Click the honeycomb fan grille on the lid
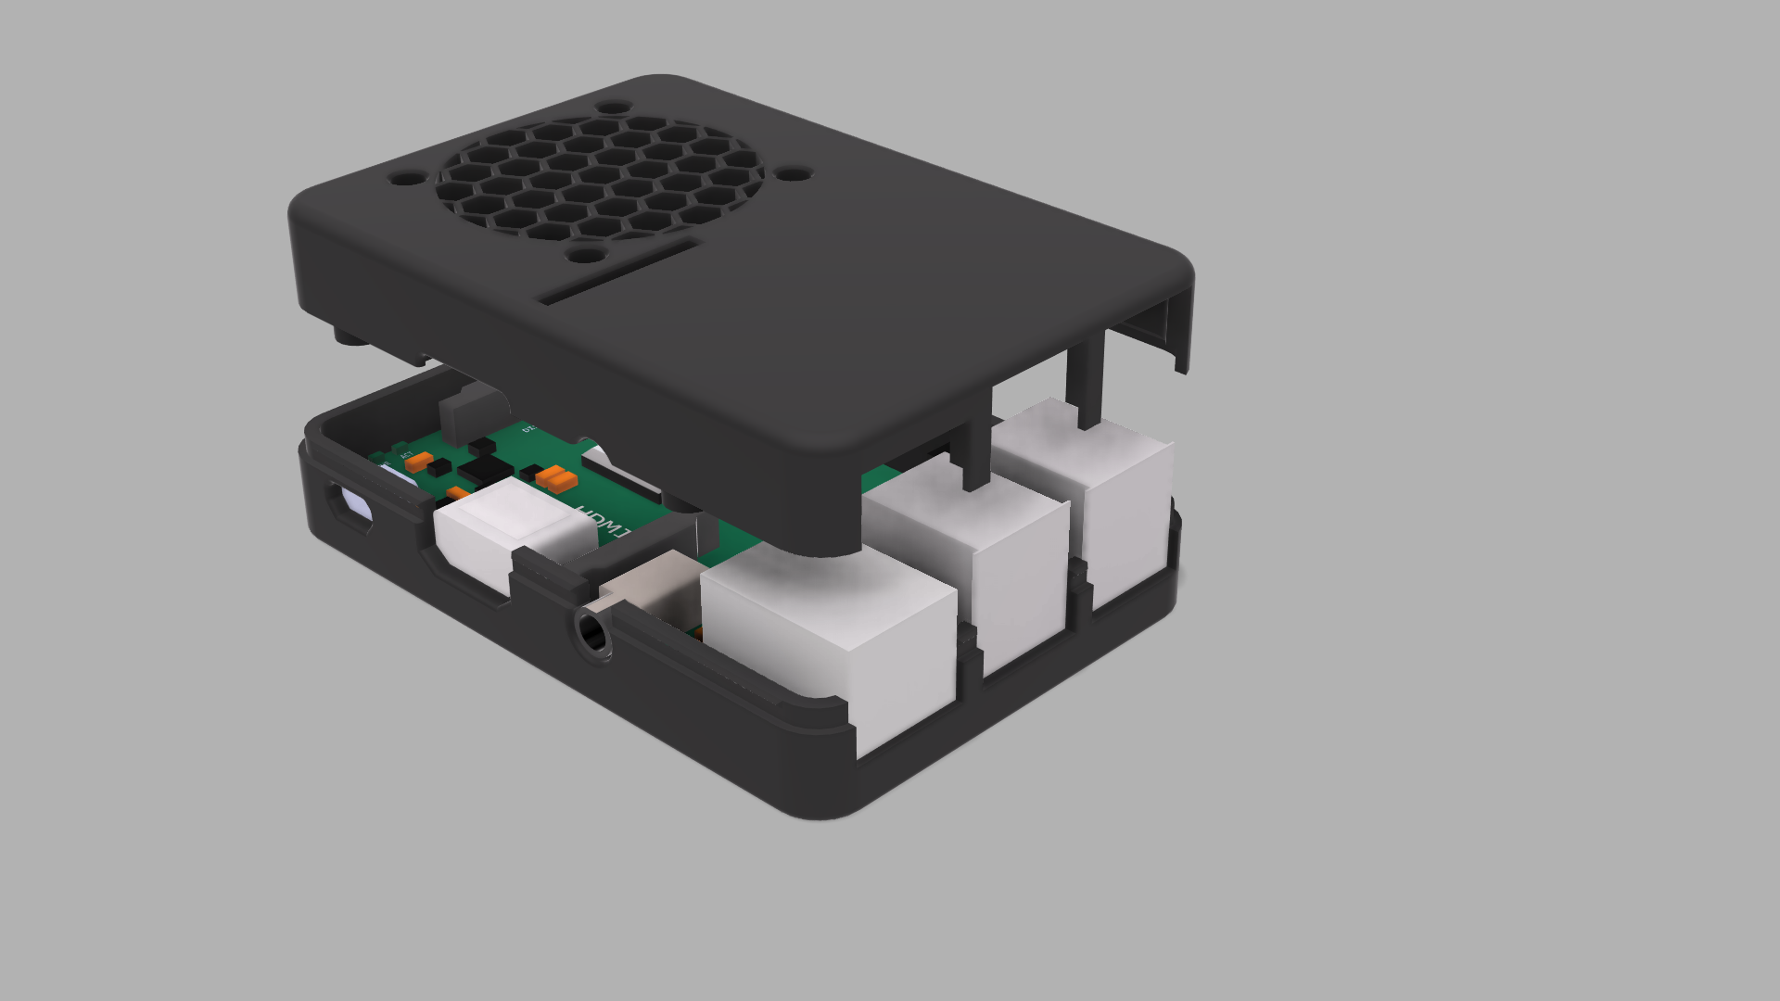(601, 176)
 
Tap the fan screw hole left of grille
(405, 177)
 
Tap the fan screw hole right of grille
(793, 173)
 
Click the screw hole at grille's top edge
(613, 108)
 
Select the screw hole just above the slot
(585, 254)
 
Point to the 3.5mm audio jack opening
(591, 633)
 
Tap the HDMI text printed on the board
(602, 524)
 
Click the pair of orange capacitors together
(557, 478)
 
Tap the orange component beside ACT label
(418, 461)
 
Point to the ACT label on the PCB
(405, 454)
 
